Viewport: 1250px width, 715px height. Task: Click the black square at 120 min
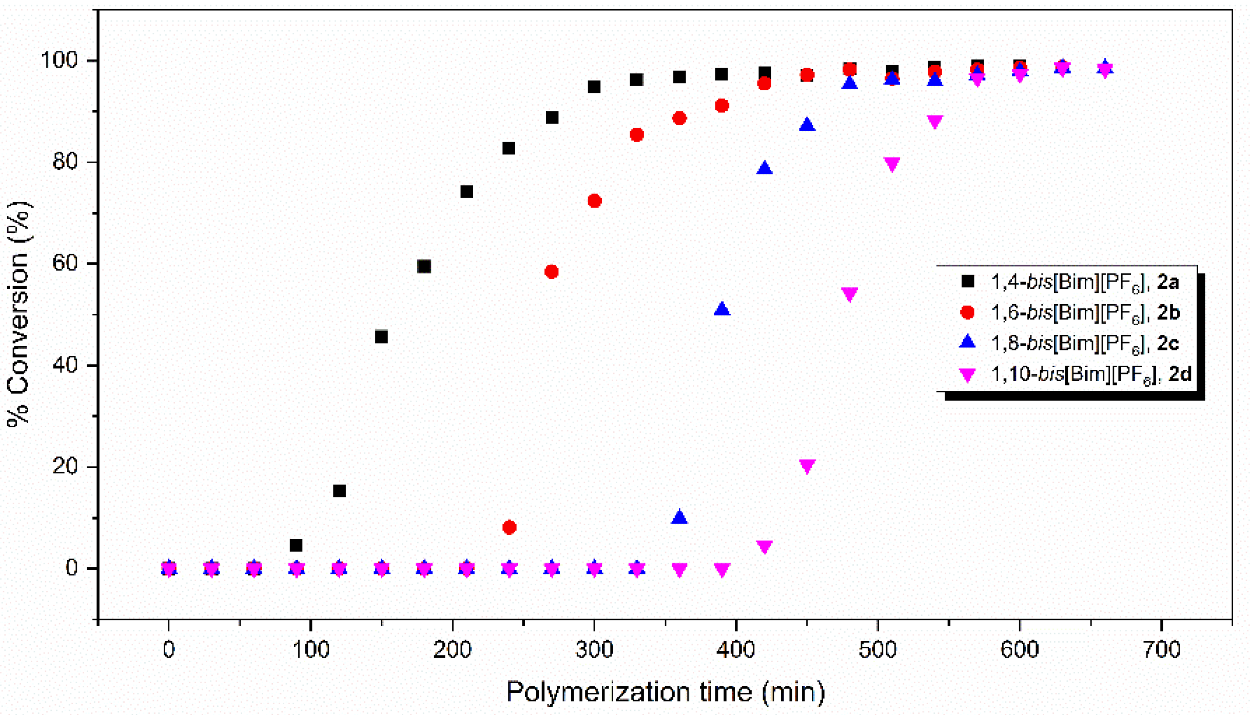tap(339, 491)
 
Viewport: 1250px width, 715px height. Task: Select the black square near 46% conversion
tap(381, 337)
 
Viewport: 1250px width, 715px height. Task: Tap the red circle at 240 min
tap(509, 527)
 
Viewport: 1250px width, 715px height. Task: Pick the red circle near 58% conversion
tap(552, 272)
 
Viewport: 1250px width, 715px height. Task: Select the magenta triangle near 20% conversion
tap(807, 466)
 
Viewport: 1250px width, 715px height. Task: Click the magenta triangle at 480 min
tap(850, 294)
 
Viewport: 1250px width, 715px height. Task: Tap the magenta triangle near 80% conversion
tap(892, 164)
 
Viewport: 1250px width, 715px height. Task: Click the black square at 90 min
tap(296, 545)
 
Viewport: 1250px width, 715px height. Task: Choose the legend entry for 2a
tap(1084, 282)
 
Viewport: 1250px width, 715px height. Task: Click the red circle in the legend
tap(967, 312)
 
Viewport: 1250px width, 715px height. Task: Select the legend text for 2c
tap(1084, 343)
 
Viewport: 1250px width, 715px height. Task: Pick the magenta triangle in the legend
tap(967, 375)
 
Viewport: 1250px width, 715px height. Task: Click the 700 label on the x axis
tap(1162, 650)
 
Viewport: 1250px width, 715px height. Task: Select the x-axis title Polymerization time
tap(665, 692)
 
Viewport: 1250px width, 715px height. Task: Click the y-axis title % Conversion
tap(19, 314)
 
